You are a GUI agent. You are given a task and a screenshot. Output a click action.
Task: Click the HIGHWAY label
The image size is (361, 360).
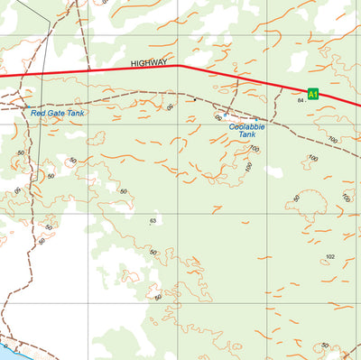(149, 63)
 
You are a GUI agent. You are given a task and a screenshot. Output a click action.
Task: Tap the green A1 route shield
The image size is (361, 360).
(313, 93)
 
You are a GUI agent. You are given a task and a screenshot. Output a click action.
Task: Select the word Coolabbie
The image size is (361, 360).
(246, 126)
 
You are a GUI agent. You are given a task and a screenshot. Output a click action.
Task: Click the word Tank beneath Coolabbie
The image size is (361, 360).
(247, 134)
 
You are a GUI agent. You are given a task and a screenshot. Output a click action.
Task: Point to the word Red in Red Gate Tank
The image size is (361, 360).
(37, 113)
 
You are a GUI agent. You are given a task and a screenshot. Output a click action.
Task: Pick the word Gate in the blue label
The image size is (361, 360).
(53, 113)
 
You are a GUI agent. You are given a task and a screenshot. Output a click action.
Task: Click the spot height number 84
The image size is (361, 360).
(301, 100)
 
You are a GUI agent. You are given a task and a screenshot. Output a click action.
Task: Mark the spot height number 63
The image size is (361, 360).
(153, 220)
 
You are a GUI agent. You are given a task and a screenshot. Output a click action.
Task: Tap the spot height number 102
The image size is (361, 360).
(330, 257)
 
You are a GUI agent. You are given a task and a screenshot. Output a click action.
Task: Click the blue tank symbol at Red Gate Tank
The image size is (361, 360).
(24, 106)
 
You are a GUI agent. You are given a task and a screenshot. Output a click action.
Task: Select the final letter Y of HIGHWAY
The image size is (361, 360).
(164, 63)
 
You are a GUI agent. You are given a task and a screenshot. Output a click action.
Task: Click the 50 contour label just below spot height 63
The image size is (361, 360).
(153, 252)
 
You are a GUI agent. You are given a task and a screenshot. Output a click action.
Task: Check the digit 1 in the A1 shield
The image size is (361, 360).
(316, 93)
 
